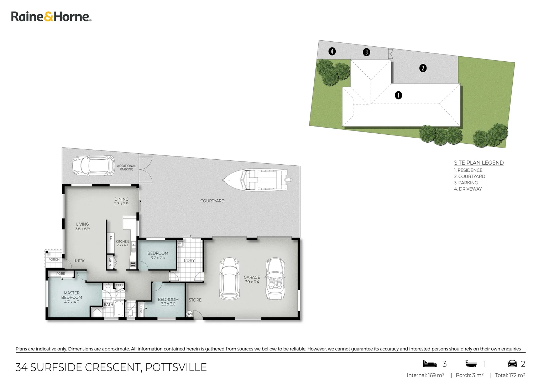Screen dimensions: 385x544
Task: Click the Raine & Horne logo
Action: (x=51, y=17)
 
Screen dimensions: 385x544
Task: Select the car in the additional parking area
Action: (x=93, y=166)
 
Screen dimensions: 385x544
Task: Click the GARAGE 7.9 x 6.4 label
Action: (x=252, y=279)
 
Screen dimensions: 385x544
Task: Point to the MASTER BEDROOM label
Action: (x=72, y=297)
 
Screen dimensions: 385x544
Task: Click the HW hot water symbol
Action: (x=189, y=314)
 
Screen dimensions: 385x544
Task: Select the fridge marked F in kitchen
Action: (x=111, y=238)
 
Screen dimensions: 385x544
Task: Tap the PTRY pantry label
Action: (x=110, y=262)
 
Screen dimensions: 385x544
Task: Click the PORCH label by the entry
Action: (x=54, y=260)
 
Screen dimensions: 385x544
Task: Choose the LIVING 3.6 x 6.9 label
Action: (x=82, y=226)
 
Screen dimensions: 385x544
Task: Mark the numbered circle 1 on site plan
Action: (x=398, y=95)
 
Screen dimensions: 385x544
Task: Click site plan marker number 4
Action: (x=332, y=51)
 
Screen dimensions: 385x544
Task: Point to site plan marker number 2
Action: (x=423, y=68)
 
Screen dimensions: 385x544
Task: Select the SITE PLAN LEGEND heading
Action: (x=478, y=163)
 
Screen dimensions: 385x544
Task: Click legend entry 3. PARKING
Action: (x=466, y=183)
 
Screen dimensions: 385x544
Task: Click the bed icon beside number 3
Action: (x=429, y=364)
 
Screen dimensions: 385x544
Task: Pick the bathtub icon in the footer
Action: (x=471, y=364)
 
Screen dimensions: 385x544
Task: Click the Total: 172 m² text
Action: (x=510, y=375)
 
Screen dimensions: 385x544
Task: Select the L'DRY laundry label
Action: (x=189, y=261)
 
